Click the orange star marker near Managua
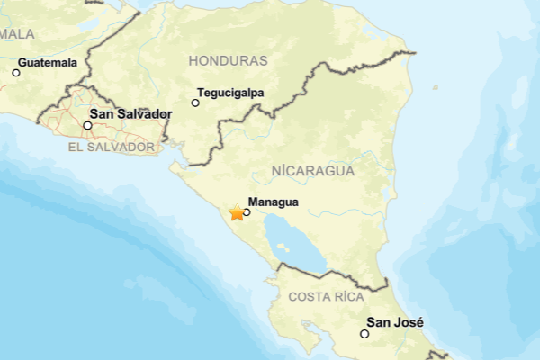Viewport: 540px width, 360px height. coord(237,213)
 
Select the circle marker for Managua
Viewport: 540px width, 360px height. coord(247,212)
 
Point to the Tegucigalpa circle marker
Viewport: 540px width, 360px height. coord(195,103)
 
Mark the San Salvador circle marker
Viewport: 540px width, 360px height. coord(87,125)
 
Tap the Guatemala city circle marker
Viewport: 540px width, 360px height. coord(15,73)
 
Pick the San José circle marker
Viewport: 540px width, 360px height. coord(364,334)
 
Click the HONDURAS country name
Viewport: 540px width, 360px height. coord(229,60)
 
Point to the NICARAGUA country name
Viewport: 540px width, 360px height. coord(312,170)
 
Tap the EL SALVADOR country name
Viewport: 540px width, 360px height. coord(112,146)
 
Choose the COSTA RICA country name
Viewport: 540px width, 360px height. coord(326,296)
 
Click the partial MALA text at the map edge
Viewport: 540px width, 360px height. coord(16,33)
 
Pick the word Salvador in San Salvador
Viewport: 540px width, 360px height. coord(144,115)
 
